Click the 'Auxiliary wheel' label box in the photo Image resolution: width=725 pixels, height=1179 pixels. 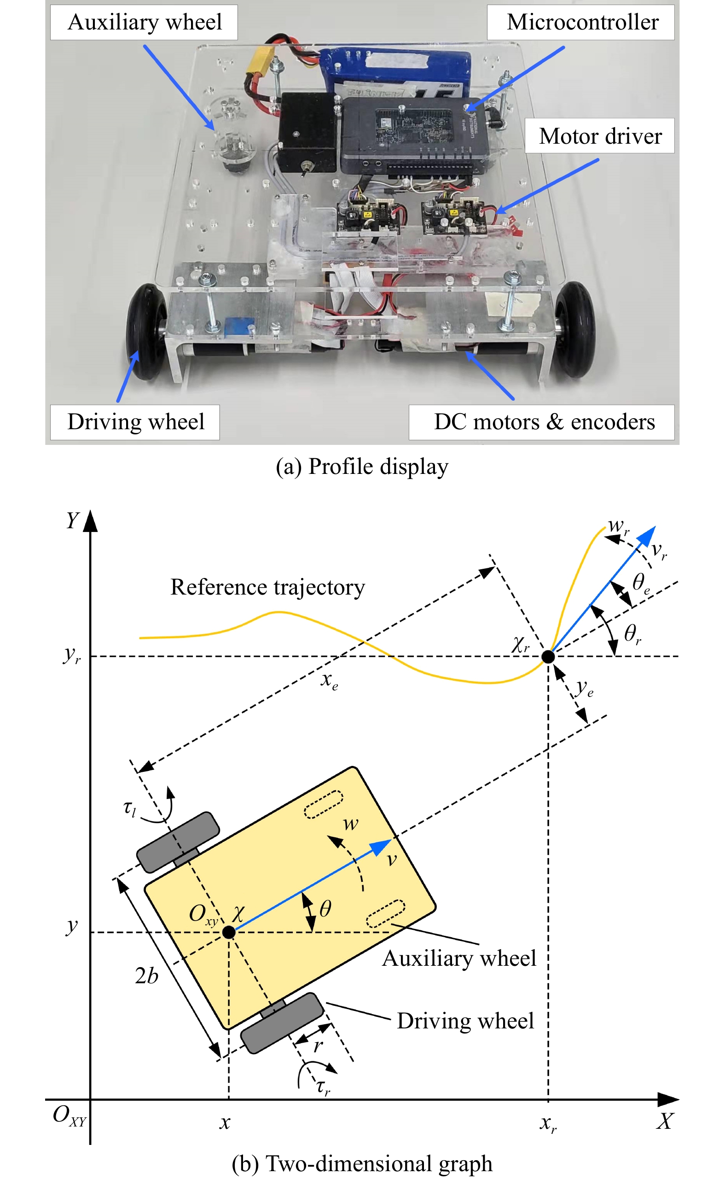pyautogui.click(x=144, y=23)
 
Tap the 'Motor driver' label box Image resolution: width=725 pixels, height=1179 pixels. pyautogui.click(x=599, y=136)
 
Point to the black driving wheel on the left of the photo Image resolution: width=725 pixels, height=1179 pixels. pyautogui.click(x=146, y=331)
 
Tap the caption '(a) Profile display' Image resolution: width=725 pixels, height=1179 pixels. pyautogui.click(x=362, y=467)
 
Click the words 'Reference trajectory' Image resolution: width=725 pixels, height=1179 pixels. pyautogui.click(x=267, y=588)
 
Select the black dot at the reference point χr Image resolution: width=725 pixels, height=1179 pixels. pyautogui.click(x=548, y=656)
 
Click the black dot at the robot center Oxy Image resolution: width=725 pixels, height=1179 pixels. pyautogui.click(x=229, y=932)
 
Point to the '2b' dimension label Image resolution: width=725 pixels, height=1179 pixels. pyautogui.click(x=146, y=976)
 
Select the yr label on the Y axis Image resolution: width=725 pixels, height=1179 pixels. pyautogui.click(x=72, y=655)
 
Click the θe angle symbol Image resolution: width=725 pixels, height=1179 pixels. pyautogui.click(x=641, y=583)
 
